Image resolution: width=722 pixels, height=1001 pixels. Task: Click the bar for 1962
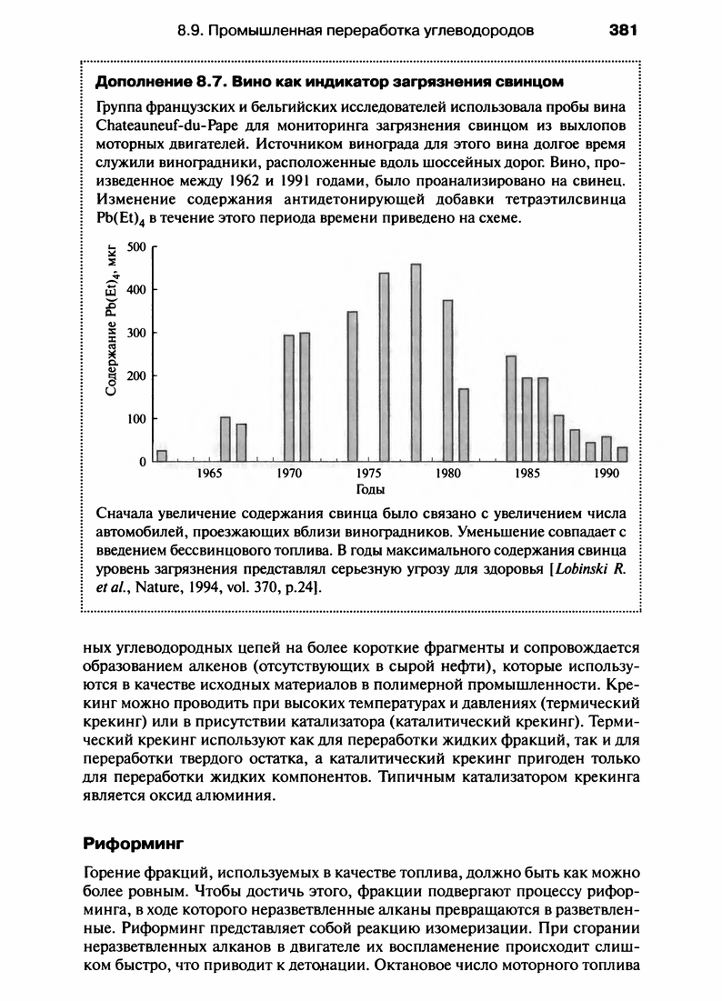click(162, 455)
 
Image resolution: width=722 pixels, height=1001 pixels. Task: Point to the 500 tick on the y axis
click(137, 246)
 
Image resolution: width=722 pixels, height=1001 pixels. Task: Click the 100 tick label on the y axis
click(137, 419)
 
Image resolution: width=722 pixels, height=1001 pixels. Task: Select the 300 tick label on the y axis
click(137, 333)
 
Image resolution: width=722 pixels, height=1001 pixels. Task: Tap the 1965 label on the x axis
click(209, 474)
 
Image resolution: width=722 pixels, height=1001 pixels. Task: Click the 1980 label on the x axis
click(447, 474)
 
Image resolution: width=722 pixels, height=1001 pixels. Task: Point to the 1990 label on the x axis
click(607, 474)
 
